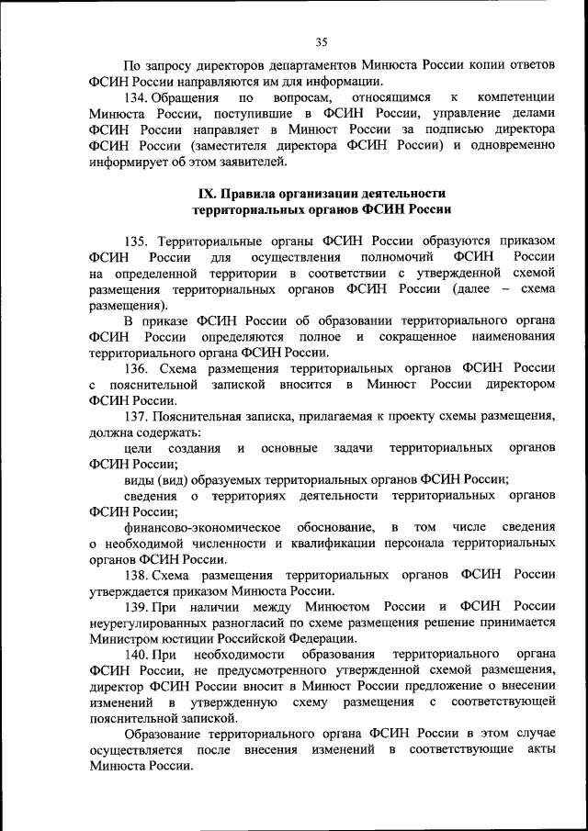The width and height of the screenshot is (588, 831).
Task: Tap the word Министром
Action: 126,639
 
